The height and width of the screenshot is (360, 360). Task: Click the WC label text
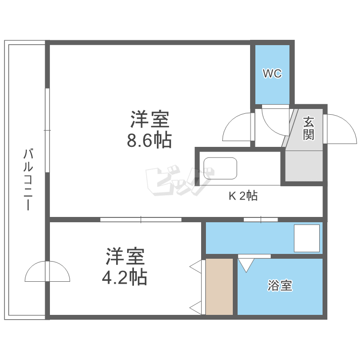pyautogui.click(x=272, y=74)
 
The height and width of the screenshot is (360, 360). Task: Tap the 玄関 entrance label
pyautogui.click(x=308, y=128)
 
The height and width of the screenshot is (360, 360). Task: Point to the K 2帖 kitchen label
pyautogui.click(x=242, y=196)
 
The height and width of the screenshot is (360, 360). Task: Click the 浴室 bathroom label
pyautogui.click(x=280, y=287)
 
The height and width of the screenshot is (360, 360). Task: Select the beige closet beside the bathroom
pyautogui.click(x=219, y=287)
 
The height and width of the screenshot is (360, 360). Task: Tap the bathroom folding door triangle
pyautogui.click(x=247, y=264)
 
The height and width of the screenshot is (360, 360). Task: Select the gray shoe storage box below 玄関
pyautogui.click(x=304, y=166)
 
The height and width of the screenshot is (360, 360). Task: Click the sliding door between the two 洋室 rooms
pyautogui.click(x=141, y=220)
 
